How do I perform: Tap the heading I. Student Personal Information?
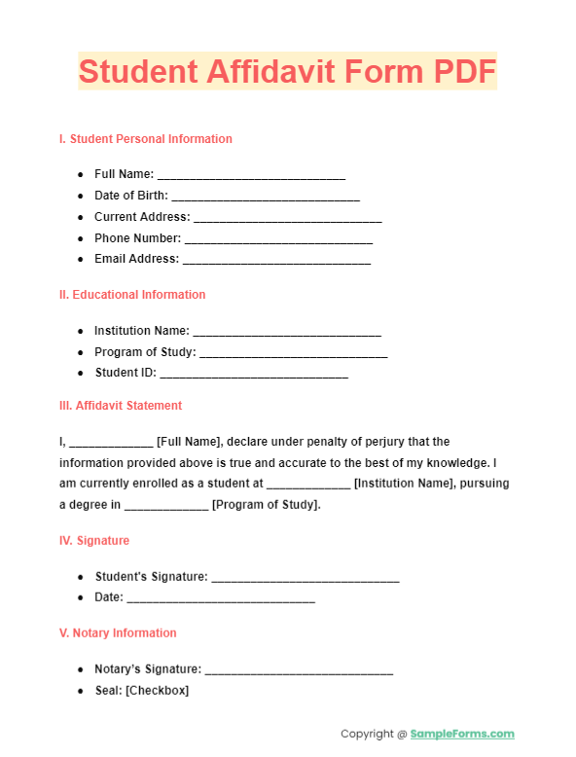click(x=146, y=139)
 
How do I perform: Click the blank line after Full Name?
click(x=251, y=175)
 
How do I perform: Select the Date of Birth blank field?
click(x=266, y=197)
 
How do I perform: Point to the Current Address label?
click(x=142, y=217)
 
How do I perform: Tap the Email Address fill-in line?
click(x=276, y=260)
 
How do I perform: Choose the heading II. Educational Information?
click(x=132, y=295)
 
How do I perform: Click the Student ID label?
click(x=124, y=373)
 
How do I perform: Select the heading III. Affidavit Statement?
click(x=121, y=406)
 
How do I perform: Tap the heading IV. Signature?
click(x=94, y=541)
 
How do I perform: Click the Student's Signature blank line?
click(x=306, y=578)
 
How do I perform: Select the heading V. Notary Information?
click(x=118, y=633)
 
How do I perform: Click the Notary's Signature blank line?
click(x=299, y=669)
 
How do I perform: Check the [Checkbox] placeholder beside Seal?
click(x=157, y=691)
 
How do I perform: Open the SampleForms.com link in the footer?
click(x=462, y=735)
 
